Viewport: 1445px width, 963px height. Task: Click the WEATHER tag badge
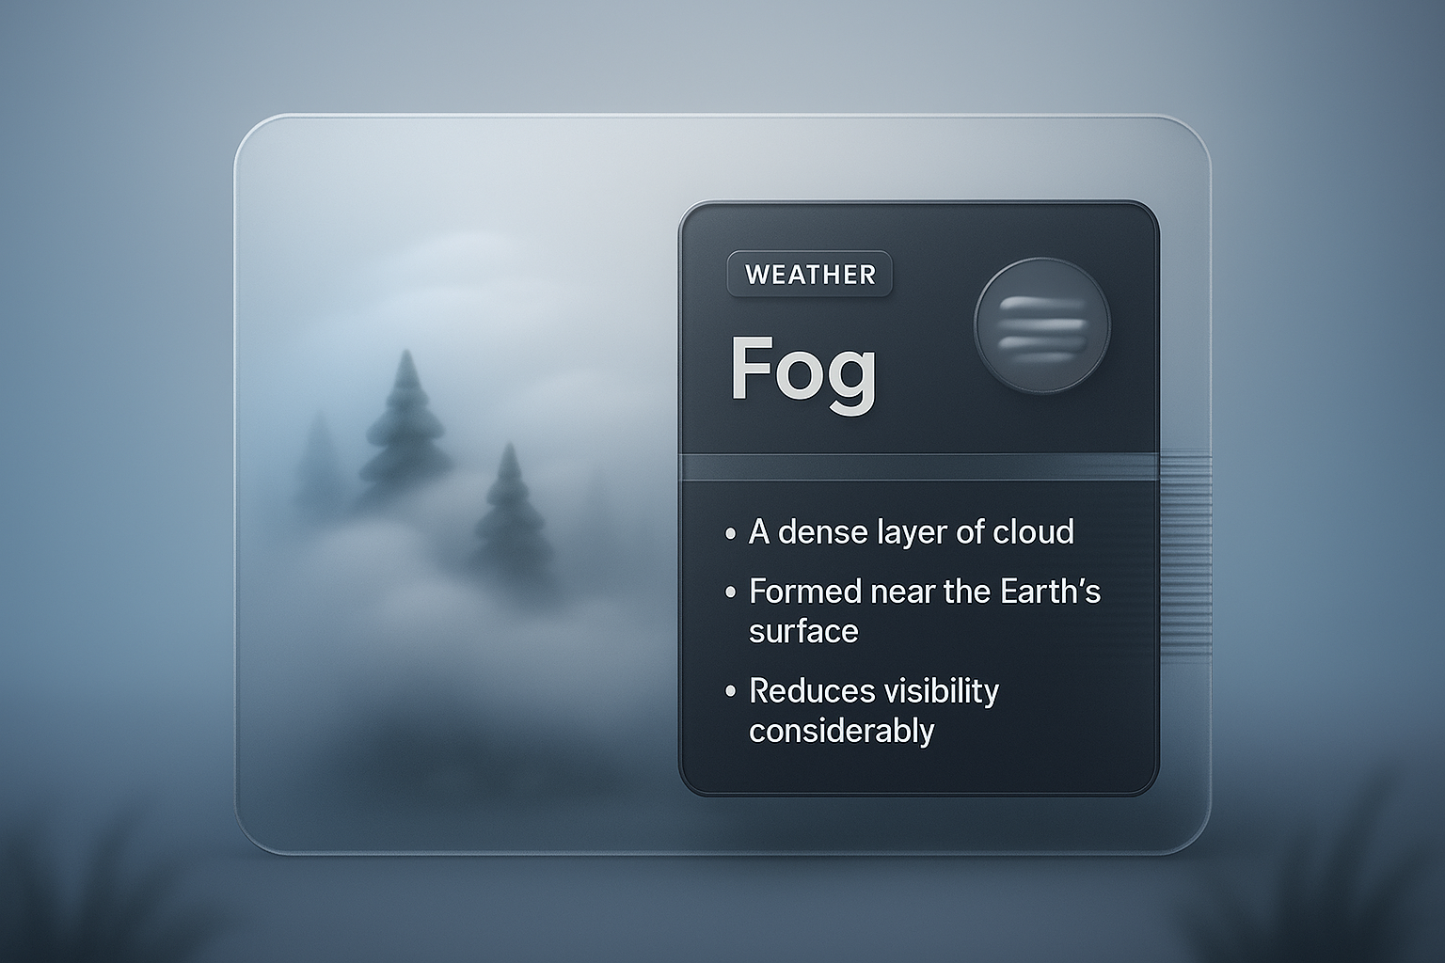coord(810,274)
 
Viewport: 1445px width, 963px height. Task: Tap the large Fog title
coord(803,370)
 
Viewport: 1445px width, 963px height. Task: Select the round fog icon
coord(1042,325)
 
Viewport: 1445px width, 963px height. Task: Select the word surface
coord(803,631)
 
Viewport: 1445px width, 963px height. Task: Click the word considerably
coord(841,731)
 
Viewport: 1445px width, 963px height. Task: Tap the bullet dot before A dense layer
coord(731,534)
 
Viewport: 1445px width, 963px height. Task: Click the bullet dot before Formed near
coord(731,593)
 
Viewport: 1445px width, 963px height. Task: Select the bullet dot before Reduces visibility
coord(731,692)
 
